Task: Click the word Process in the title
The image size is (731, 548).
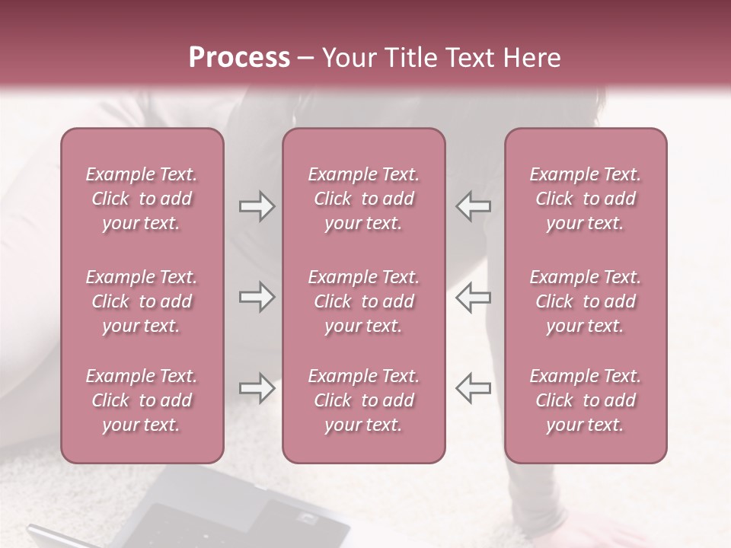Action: coord(239,58)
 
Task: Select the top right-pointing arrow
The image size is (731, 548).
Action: coord(257,206)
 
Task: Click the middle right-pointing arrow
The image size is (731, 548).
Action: coord(257,297)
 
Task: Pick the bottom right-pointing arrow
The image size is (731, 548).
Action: coord(257,388)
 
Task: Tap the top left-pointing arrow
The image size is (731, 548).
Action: coord(474,206)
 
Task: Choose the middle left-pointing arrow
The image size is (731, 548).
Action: coord(474,297)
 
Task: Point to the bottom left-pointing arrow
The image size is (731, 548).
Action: coord(474,388)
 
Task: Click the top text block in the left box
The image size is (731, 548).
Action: coord(142,199)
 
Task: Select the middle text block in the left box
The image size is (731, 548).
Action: coord(142,301)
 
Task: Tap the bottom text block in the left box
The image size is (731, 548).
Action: coord(142,400)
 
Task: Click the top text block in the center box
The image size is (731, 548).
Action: coord(363,199)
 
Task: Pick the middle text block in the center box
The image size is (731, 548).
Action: coord(363,301)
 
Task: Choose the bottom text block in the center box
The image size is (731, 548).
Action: coord(363,400)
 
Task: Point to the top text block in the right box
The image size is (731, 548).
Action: coord(586,199)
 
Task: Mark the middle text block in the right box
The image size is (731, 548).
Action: coord(586,301)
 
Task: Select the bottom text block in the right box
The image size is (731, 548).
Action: coord(586,400)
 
